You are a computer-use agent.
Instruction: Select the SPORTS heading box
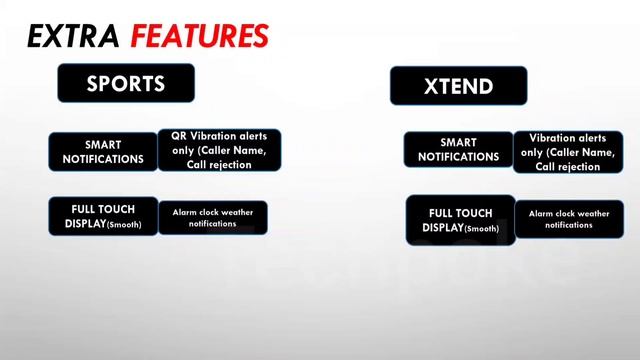pyautogui.click(x=125, y=83)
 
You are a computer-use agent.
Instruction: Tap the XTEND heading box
pyautogui.click(x=458, y=86)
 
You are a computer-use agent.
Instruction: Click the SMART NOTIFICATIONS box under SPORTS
pyautogui.click(x=103, y=151)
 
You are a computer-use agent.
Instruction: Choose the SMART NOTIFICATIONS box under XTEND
pyautogui.click(x=458, y=149)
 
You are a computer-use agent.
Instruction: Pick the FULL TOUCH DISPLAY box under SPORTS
pyautogui.click(x=103, y=216)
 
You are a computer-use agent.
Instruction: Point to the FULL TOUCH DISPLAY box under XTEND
pyautogui.click(x=460, y=220)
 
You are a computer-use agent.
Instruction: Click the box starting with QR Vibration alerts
pyautogui.click(x=219, y=150)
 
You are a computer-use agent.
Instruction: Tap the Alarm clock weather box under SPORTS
pyautogui.click(x=212, y=218)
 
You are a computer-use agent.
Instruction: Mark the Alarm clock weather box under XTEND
pyautogui.click(x=569, y=219)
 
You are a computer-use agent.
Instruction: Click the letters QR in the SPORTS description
pyautogui.click(x=178, y=136)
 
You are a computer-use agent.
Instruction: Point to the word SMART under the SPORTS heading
pyautogui.click(x=103, y=144)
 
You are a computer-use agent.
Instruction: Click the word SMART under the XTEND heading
pyautogui.click(x=458, y=142)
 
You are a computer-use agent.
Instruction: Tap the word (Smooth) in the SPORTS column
pyautogui.click(x=124, y=225)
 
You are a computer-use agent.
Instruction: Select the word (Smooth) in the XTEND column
pyautogui.click(x=482, y=229)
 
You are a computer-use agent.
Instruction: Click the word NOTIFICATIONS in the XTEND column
pyautogui.click(x=458, y=157)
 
